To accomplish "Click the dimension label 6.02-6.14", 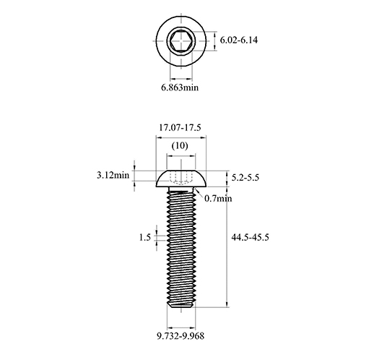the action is (239, 40).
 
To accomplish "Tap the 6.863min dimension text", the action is (180, 87).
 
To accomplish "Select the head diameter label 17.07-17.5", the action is (180, 127).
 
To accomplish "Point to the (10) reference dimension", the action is (180, 145).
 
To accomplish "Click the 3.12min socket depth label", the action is (113, 175).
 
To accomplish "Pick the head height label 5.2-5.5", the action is (245, 178).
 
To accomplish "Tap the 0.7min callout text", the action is (218, 198).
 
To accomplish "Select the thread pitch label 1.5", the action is (145, 238).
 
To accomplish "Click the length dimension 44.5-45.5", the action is (250, 237).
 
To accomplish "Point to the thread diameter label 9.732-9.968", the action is (181, 335).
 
